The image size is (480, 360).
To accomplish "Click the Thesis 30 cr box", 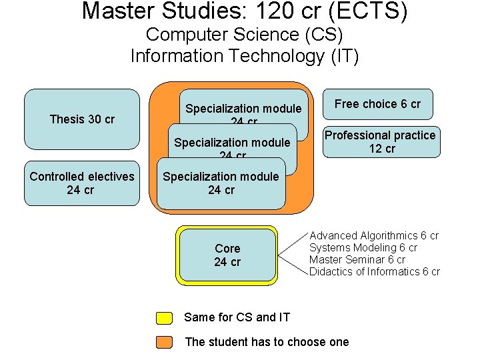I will tap(82, 119).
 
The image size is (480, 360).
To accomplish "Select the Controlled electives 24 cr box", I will tap(82, 183).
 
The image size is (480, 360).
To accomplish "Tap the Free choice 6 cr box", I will tap(377, 104).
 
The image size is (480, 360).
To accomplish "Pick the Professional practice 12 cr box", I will tap(380, 142).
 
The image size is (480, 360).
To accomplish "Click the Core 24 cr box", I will tap(227, 255).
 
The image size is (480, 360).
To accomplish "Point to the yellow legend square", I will tap(164, 318).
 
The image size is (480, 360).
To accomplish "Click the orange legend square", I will tap(164, 342).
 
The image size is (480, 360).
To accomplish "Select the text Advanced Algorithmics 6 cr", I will tap(374, 236).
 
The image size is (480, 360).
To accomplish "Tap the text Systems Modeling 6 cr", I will tap(363, 248).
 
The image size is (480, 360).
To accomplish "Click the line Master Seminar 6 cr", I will tap(357, 260).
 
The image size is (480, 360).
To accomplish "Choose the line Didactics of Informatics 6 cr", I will tap(375, 272).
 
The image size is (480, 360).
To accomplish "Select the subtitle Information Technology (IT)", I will tap(244, 56).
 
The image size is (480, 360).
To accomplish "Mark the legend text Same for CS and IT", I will tap(237, 318).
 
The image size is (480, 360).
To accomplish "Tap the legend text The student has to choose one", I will tap(267, 342).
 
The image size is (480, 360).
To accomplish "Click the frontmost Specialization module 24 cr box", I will tap(221, 183).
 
